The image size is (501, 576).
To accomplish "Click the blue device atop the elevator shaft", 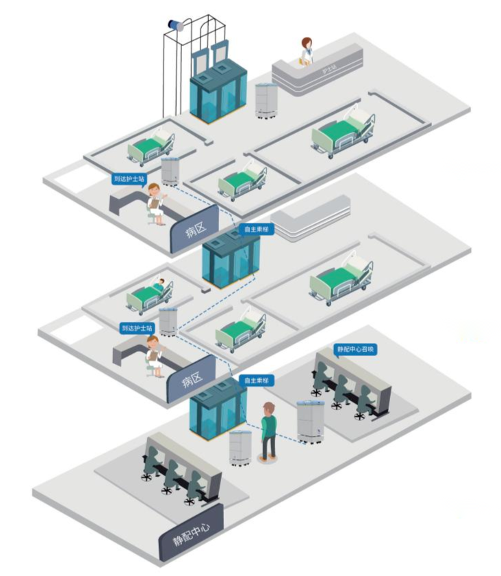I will [x=177, y=25].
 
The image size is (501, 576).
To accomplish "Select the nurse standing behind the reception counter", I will [x=306, y=52].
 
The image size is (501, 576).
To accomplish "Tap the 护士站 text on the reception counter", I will [x=329, y=69].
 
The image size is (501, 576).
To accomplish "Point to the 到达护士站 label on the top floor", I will [x=129, y=179].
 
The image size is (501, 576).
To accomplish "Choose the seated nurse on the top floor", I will [x=155, y=202].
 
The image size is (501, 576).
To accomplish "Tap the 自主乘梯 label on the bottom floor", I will [x=256, y=380].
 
